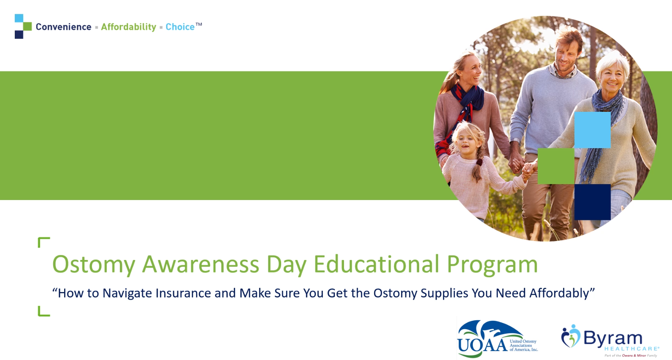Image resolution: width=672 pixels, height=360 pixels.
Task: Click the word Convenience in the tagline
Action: (x=63, y=27)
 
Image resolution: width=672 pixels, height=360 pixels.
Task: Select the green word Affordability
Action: (x=128, y=27)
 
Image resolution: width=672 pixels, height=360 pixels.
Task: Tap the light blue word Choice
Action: (x=180, y=27)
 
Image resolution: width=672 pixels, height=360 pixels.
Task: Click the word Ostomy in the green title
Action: (x=94, y=265)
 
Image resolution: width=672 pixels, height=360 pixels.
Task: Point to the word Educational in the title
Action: (x=377, y=264)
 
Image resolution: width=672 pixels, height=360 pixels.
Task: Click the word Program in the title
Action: (x=492, y=265)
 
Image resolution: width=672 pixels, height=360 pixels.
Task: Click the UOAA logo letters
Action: (x=482, y=345)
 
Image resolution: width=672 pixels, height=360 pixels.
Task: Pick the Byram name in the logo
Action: (x=612, y=338)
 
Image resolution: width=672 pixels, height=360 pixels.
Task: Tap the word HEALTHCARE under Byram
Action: (x=631, y=349)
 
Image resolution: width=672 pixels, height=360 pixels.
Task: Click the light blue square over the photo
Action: (x=593, y=130)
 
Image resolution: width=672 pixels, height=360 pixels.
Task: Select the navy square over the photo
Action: (x=593, y=202)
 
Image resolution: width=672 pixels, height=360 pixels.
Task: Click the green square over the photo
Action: (x=556, y=166)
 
